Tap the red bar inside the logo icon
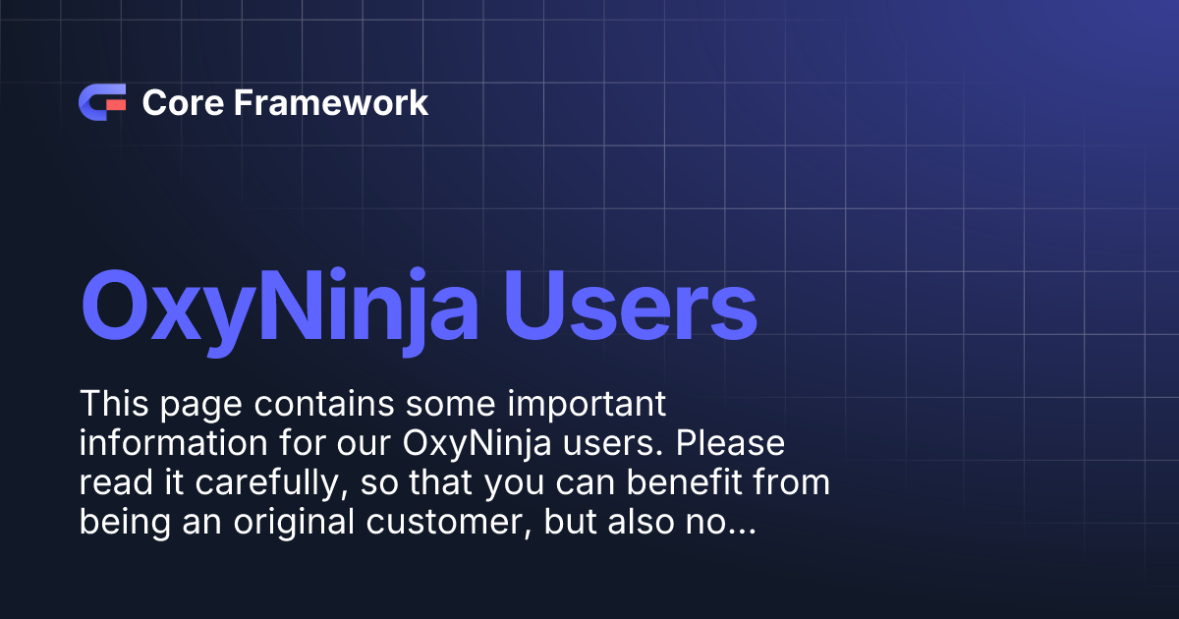coord(115,102)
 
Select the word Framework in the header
coord(330,102)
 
